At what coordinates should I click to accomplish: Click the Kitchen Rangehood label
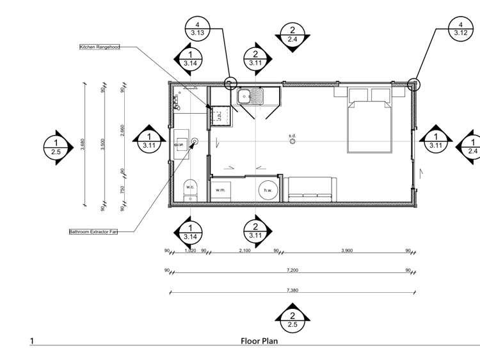99,47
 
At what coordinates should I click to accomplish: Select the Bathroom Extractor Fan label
101,232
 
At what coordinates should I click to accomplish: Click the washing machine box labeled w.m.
221,191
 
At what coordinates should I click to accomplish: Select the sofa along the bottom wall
310,189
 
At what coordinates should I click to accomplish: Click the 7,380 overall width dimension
292,290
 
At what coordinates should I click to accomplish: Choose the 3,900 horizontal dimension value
346,251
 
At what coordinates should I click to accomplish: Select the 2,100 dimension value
244,251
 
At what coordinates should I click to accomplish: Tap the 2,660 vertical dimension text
122,131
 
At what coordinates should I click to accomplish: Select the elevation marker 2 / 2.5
292,319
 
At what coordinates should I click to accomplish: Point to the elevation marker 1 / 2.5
56,146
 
